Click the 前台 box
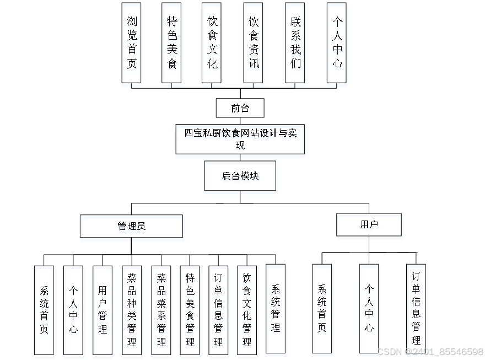click(240, 108)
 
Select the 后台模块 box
click(240, 176)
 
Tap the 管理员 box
click(131, 226)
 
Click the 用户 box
click(369, 224)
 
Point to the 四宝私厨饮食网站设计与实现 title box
click(240, 139)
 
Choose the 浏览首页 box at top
click(131, 42)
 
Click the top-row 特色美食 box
click(172, 42)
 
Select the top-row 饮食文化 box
click(212, 42)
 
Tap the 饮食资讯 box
click(253, 42)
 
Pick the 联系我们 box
click(295, 42)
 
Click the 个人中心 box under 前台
click(337, 42)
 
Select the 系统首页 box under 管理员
click(44, 310)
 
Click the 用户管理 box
click(103, 310)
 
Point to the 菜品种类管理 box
click(132, 310)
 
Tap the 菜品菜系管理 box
click(161, 310)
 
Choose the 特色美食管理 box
click(190, 310)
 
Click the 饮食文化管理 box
click(247, 310)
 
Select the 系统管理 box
click(276, 308)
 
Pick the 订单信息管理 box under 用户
click(416, 308)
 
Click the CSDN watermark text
click(430, 351)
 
